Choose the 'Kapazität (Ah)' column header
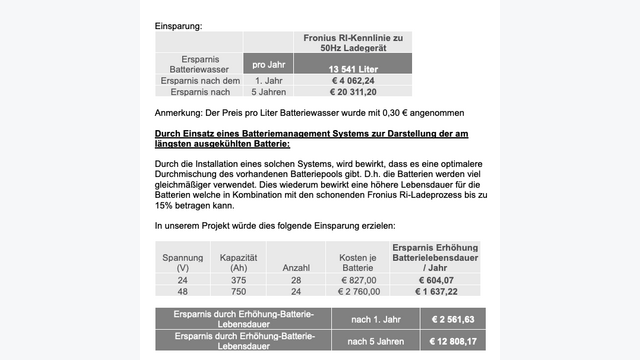tap(238, 262)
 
